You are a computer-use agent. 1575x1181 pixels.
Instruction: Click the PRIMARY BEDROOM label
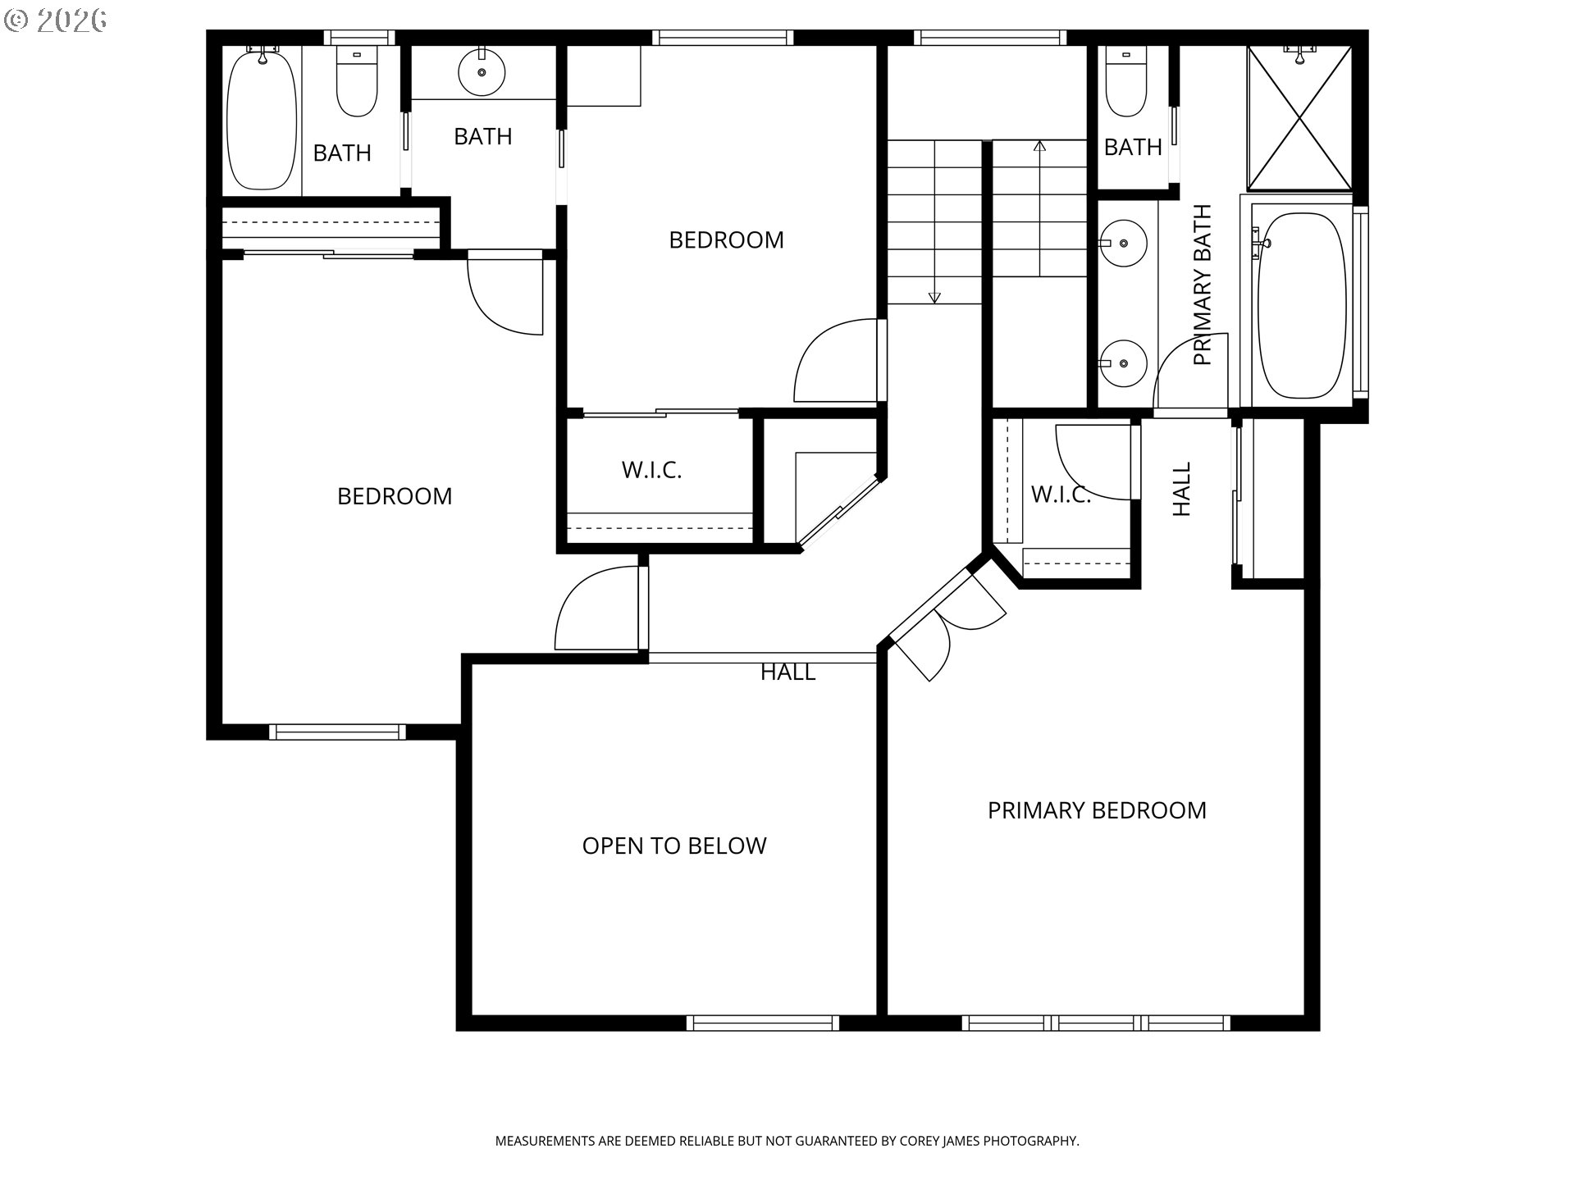[x=1097, y=810]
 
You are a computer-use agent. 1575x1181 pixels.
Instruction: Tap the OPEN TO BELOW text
[x=674, y=846]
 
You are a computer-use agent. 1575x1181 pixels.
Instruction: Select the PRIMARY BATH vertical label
[x=1202, y=285]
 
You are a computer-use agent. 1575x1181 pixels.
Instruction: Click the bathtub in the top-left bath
[x=262, y=120]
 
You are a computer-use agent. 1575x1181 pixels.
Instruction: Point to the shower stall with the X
[x=1299, y=118]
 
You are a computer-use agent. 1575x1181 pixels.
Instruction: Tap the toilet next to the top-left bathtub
[x=357, y=81]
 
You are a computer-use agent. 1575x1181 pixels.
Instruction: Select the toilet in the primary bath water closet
[x=1125, y=81]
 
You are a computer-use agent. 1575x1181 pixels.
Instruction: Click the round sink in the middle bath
[x=482, y=72]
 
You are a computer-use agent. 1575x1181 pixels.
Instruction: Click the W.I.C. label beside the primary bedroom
[x=1061, y=495]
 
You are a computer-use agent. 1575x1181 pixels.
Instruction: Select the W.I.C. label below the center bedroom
[x=652, y=470]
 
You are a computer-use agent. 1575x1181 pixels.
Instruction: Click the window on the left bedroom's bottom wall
[x=337, y=732]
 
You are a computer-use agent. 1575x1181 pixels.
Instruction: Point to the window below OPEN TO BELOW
[x=763, y=1023]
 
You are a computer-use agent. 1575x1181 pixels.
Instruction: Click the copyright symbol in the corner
[x=16, y=20]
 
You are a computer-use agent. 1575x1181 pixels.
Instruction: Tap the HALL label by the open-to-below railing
[x=788, y=673]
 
